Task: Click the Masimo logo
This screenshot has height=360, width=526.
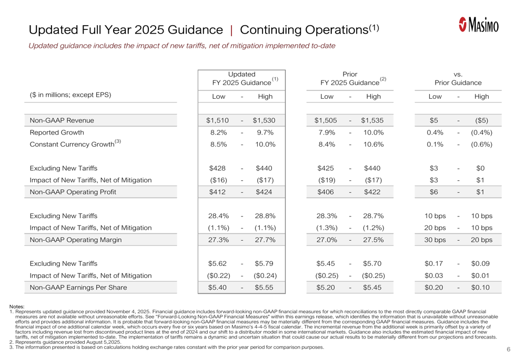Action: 478,25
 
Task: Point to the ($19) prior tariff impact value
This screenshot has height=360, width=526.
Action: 327,180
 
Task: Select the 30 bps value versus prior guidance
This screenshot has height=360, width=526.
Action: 435,240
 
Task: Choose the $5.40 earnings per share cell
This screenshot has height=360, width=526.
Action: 218,287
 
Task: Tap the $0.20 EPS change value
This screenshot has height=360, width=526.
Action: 435,287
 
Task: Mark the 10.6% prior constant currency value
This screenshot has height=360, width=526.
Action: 373,145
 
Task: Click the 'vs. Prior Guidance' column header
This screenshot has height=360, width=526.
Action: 458,79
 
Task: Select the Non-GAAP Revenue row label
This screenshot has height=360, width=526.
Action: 62,120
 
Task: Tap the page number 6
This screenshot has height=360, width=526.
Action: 509,349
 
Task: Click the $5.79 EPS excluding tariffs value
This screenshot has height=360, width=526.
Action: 265,264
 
